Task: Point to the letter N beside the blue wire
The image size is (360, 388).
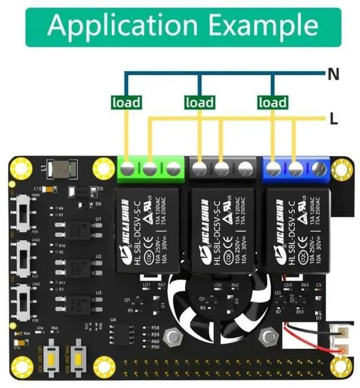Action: click(333, 73)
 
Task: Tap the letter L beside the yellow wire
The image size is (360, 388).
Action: click(334, 118)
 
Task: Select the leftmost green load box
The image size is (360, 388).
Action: click(126, 102)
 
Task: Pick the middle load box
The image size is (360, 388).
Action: click(199, 102)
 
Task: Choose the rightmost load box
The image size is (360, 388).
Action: click(273, 102)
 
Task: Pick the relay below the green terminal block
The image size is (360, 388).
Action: click(147, 229)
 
